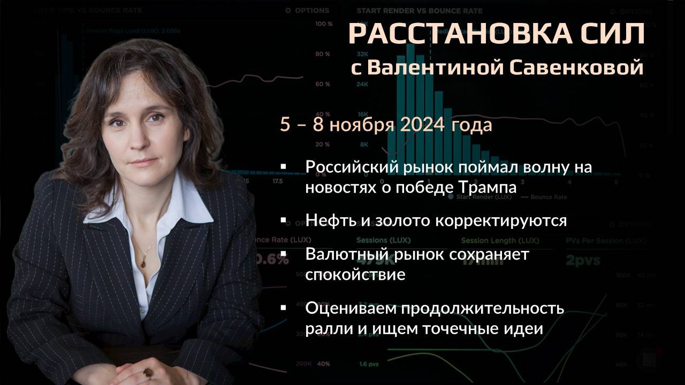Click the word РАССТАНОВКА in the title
450,35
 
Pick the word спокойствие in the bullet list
355,275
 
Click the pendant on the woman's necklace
143,261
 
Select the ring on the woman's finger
147,371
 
